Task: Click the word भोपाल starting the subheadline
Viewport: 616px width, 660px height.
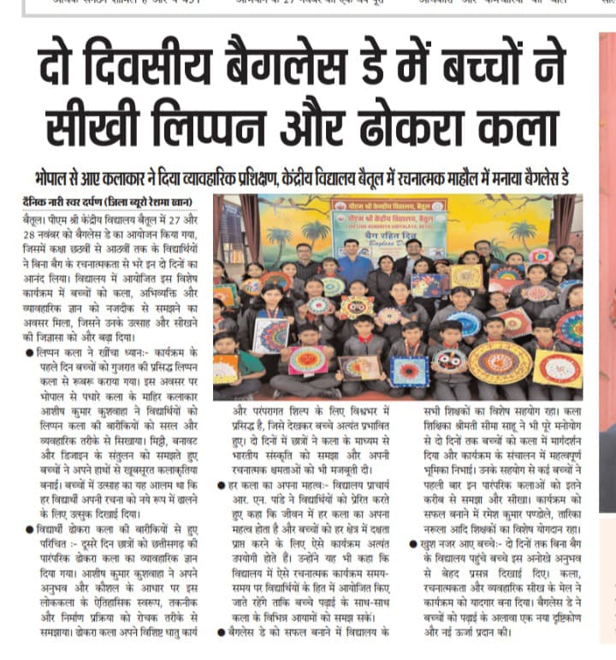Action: pos(53,180)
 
